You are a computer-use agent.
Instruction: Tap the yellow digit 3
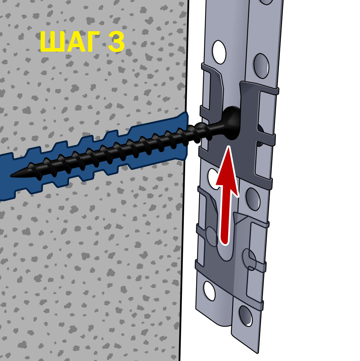tap(116, 42)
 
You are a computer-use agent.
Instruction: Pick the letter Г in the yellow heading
tap(92, 42)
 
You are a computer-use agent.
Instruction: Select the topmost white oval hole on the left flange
tap(219, 52)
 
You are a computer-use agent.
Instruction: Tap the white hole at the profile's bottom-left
tap(209, 291)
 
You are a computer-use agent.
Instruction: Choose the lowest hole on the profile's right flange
tap(246, 315)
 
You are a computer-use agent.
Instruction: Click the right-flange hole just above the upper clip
tap(261, 66)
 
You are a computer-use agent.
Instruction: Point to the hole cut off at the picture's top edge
tap(266, 2)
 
